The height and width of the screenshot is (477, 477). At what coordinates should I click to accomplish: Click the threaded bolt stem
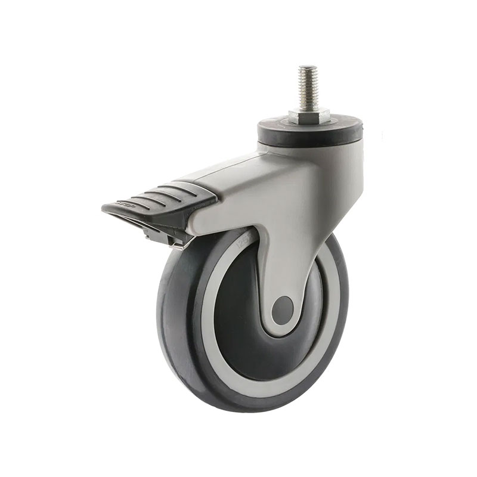(x=308, y=86)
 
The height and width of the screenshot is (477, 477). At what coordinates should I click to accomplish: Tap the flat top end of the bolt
(x=308, y=67)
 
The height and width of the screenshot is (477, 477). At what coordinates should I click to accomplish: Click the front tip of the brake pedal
(x=106, y=209)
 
